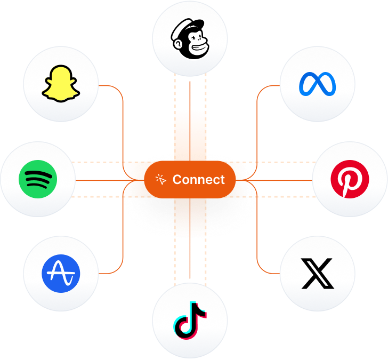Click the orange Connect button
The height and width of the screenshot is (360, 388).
point(190,180)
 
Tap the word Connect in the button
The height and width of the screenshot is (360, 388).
point(199,180)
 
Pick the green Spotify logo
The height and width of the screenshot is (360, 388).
point(38,179)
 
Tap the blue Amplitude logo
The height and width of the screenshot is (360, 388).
point(61,274)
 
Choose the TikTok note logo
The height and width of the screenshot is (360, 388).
point(190,321)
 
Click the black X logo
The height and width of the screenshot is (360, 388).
point(318,274)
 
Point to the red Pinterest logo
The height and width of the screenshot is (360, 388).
point(350,179)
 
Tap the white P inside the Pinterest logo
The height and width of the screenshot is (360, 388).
point(350,180)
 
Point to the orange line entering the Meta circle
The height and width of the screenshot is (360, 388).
point(269,85)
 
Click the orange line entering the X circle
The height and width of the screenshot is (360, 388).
point(269,274)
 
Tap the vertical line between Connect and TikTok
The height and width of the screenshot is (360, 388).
point(190,240)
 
